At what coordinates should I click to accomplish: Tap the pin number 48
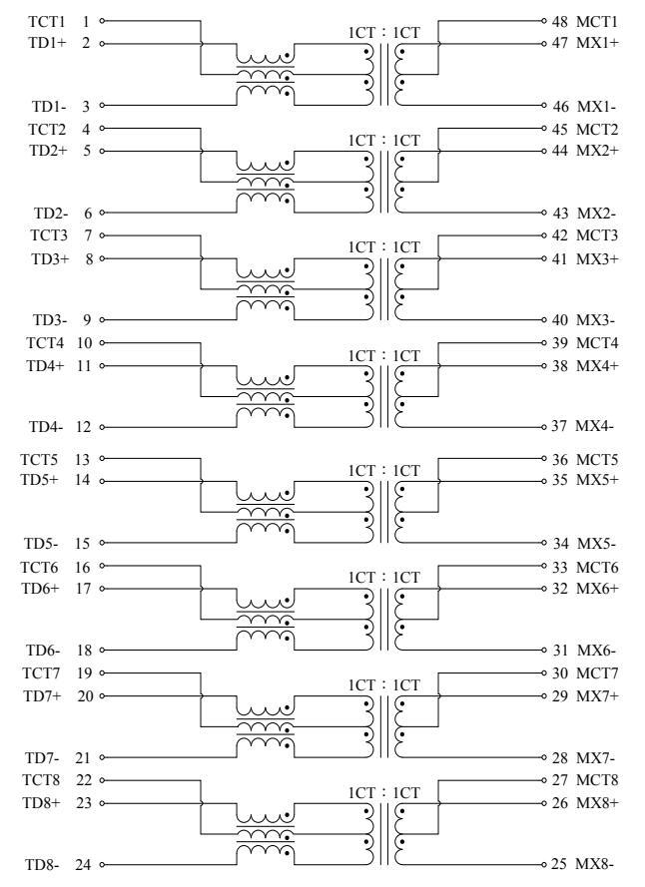point(559,20)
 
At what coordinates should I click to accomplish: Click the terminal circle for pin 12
point(102,428)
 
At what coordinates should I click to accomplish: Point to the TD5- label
point(43,544)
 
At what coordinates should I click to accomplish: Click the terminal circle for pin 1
point(102,20)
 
